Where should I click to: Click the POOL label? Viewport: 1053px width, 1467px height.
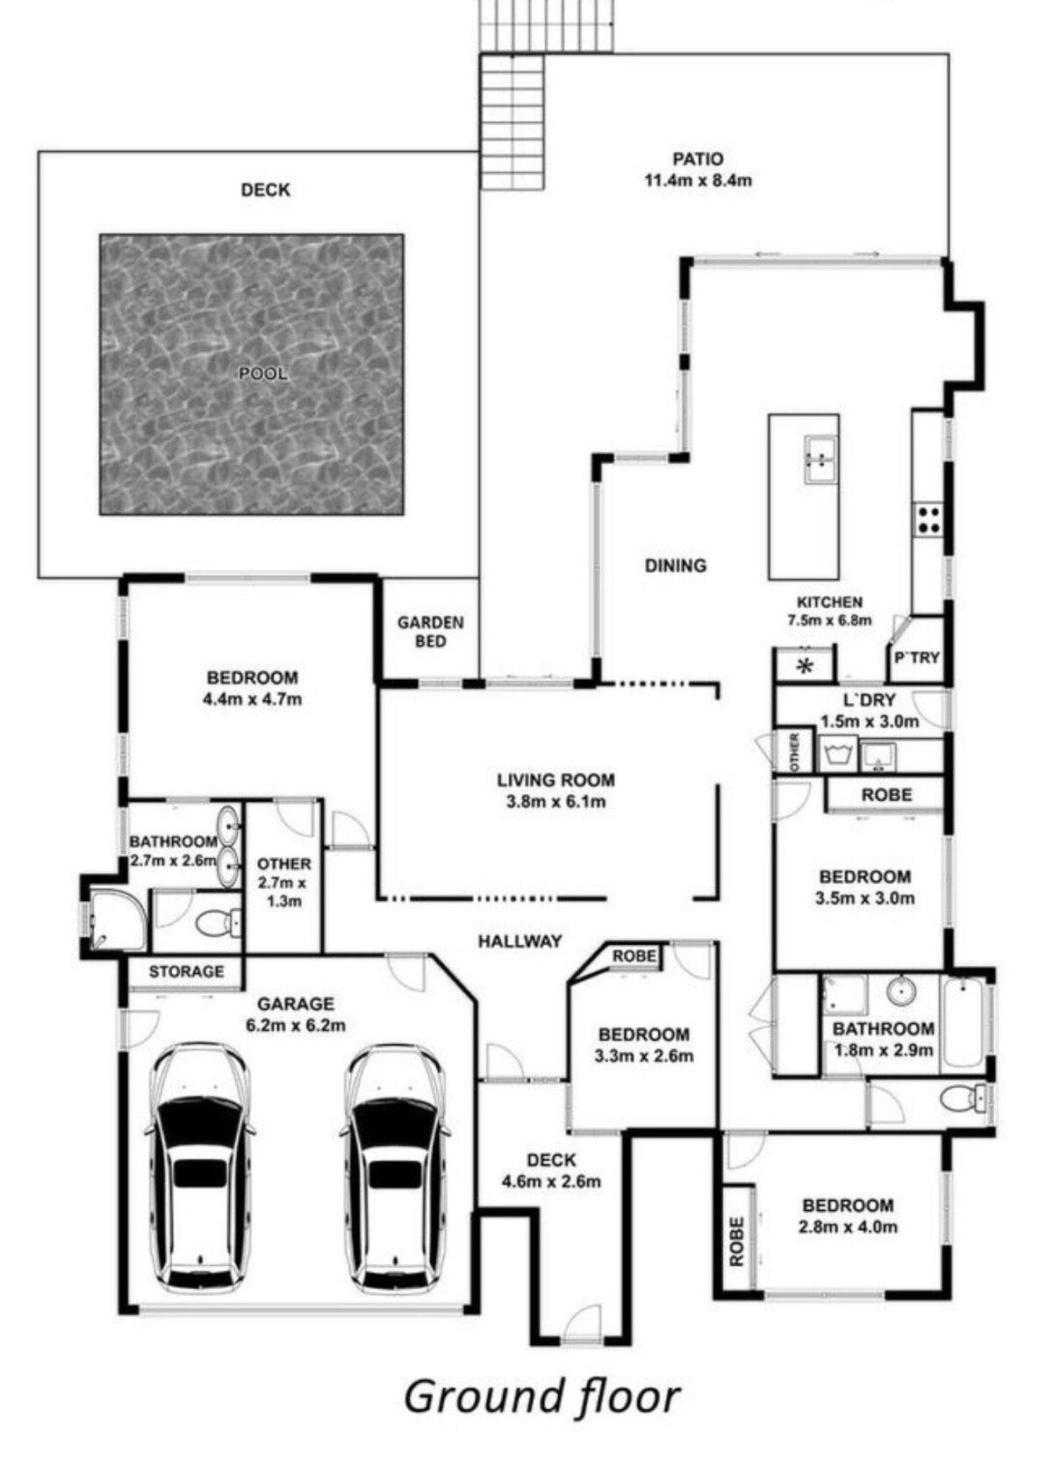[x=262, y=373]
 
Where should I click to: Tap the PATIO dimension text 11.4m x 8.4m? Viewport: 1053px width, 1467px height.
[x=698, y=180]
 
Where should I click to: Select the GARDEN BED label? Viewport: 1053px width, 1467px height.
[x=430, y=632]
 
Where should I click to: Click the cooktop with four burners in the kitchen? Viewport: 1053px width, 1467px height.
[x=928, y=519]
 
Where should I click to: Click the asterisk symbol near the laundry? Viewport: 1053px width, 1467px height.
[x=805, y=667]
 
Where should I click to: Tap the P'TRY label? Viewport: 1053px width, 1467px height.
[x=917, y=657]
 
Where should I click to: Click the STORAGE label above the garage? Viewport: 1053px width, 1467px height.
[x=186, y=971]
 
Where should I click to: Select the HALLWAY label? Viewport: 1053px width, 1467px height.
[x=520, y=941]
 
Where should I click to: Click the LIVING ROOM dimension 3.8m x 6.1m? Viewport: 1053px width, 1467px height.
[x=555, y=801]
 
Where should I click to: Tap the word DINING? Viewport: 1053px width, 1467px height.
[x=676, y=565]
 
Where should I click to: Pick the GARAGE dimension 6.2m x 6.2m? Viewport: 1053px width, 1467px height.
[x=296, y=1026]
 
